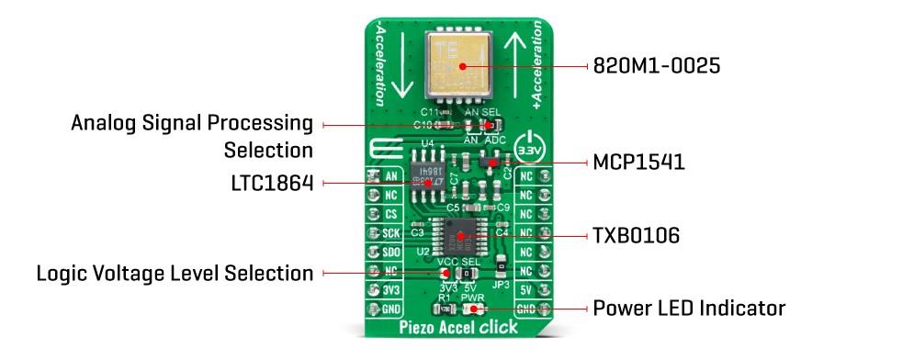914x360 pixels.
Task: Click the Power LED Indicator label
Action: [689, 308]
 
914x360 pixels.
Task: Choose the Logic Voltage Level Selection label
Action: [175, 273]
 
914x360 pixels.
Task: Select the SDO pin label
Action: [389, 253]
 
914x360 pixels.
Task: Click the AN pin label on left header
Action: [389, 176]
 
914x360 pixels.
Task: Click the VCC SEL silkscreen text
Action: [459, 263]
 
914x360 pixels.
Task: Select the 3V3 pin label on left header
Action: [389, 290]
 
